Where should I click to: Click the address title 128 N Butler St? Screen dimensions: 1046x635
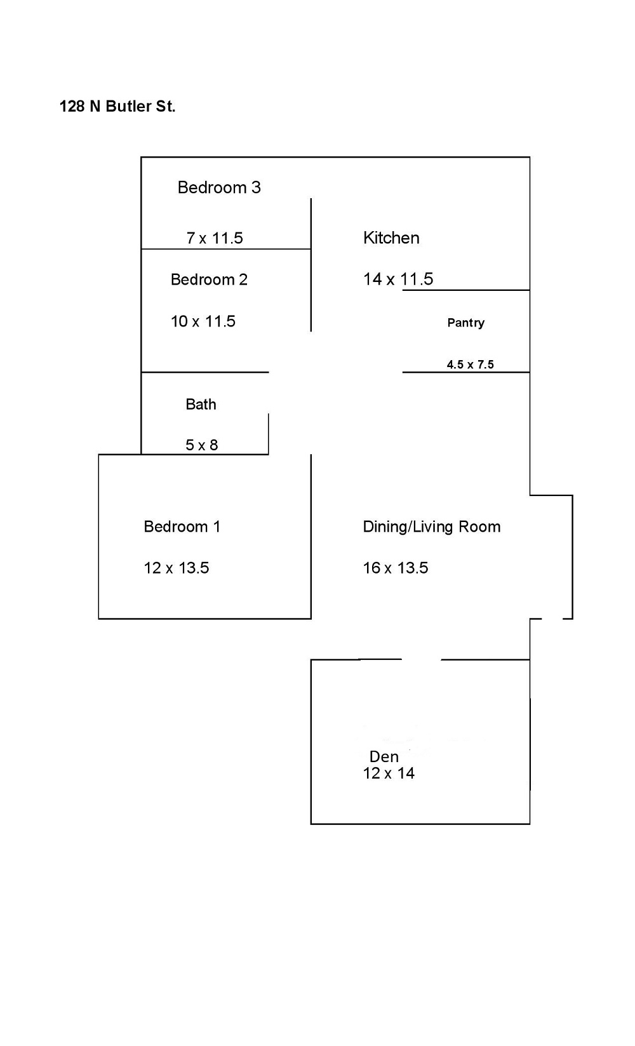click(117, 107)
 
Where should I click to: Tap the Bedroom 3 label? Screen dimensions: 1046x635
click(219, 187)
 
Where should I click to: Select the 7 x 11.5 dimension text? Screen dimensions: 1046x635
click(215, 238)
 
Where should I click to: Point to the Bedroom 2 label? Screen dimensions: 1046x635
click(209, 279)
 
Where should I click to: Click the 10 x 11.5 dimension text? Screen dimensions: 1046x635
click(203, 321)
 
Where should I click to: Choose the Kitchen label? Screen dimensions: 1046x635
click(391, 238)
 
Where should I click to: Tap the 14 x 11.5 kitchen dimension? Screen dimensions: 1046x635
click(398, 279)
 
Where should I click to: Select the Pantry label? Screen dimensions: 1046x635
click(465, 323)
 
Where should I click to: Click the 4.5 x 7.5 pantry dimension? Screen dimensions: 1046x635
click(470, 365)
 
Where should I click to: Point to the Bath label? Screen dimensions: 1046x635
click(201, 405)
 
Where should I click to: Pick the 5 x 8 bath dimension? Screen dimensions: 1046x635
click(202, 445)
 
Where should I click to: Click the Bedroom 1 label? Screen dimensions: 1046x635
click(182, 526)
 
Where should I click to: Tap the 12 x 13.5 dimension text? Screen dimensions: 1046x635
click(177, 568)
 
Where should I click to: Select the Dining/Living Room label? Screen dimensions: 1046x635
click(432, 526)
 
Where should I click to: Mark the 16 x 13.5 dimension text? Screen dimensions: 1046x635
click(396, 568)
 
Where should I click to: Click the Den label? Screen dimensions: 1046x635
click(384, 756)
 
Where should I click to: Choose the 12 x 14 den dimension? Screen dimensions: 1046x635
click(389, 774)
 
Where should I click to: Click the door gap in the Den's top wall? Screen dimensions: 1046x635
click(422, 660)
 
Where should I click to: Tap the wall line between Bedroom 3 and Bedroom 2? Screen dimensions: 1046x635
click(225, 249)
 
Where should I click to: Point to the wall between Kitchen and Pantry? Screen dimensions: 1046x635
click(466, 290)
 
